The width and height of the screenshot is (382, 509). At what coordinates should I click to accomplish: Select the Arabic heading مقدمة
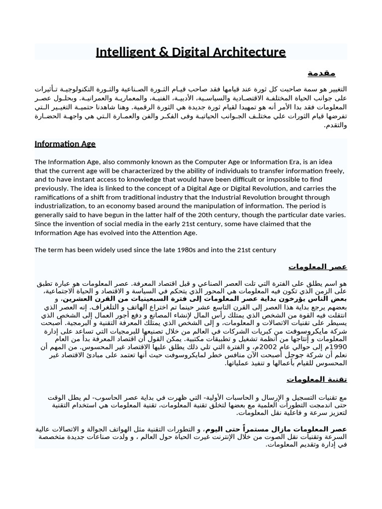(321, 73)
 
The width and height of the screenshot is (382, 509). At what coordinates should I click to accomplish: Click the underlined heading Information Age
(65, 144)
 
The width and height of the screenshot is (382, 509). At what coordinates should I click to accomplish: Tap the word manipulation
(236, 206)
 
